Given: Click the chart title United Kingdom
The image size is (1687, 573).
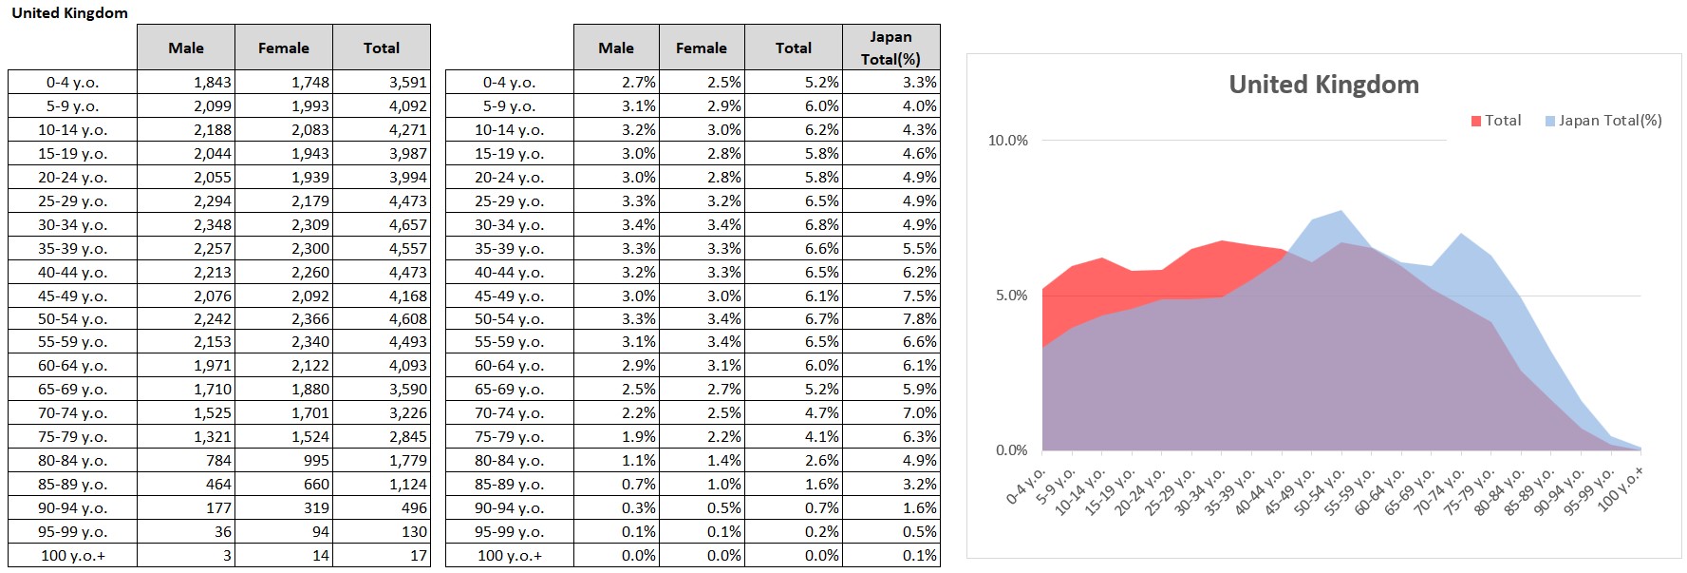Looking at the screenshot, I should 1323,85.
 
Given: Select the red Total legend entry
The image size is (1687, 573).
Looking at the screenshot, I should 1496,121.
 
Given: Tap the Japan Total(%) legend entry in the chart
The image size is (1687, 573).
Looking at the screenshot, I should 1603,121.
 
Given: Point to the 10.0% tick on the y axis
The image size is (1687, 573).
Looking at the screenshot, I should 1007,141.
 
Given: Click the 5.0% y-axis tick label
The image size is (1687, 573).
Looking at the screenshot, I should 1011,296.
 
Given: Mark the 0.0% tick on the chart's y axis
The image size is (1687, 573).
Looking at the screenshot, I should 1011,450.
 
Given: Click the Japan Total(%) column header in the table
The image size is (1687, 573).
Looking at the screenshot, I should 890,48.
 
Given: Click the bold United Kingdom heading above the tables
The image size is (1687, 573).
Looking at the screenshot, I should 69,13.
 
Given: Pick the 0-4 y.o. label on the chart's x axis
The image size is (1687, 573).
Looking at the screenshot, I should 1027,485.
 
